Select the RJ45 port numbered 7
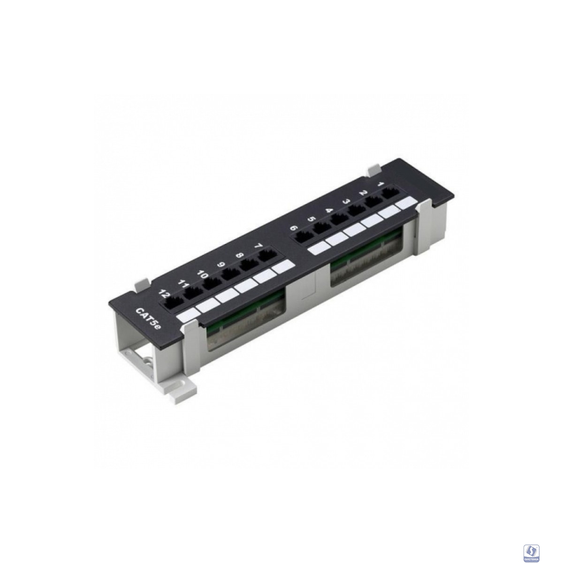(x=267, y=256)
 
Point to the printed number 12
(x=164, y=294)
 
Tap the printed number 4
(x=329, y=212)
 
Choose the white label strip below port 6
(x=318, y=248)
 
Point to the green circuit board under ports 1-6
(x=366, y=256)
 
